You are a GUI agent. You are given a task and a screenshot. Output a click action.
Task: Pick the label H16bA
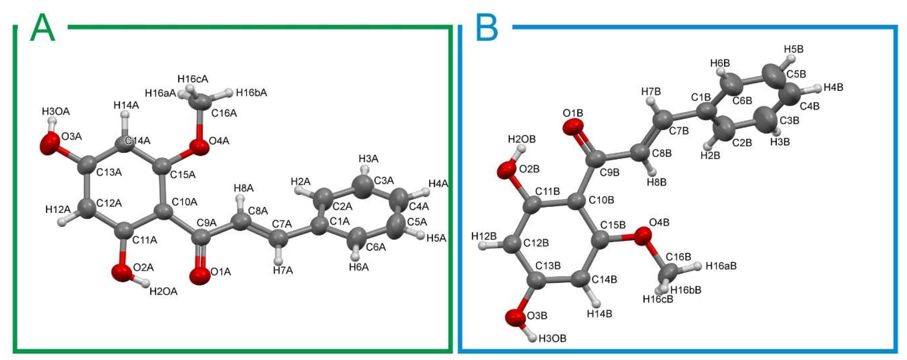(x=251, y=93)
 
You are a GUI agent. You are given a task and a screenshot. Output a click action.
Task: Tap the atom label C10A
(x=184, y=202)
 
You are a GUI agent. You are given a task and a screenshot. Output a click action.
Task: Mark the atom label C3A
(x=384, y=181)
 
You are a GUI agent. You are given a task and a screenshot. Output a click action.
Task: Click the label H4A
(x=438, y=183)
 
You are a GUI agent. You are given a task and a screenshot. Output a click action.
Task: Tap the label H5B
(x=794, y=49)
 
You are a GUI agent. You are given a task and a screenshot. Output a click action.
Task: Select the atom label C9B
(x=610, y=172)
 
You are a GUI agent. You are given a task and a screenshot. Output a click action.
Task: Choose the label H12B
(x=484, y=236)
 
